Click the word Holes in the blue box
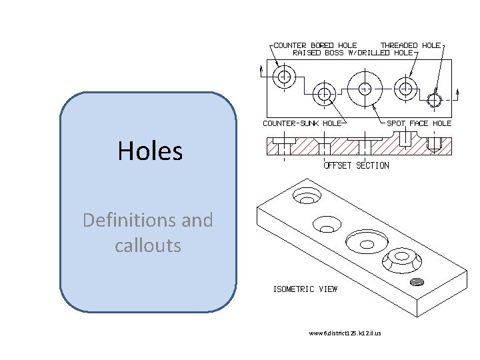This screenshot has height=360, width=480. pyautogui.click(x=150, y=151)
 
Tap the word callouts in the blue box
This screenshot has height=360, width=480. pyautogui.click(x=147, y=245)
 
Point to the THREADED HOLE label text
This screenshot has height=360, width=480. pyautogui.click(x=410, y=45)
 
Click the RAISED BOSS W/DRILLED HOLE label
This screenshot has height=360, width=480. pyautogui.click(x=353, y=53)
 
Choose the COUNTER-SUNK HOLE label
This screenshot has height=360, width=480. pyautogui.click(x=302, y=123)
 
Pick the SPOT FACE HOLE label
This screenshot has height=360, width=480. pyautogui.click(x=419, y=123)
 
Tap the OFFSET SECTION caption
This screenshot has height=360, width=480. pyautogui.click(x=357, y=165)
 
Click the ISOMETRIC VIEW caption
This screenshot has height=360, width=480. pyautogui.click(x=305, y=289)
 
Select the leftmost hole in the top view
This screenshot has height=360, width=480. pyautogui.click(x=285, y=76)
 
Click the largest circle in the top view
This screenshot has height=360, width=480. pyautogui.click(x=365, y=88)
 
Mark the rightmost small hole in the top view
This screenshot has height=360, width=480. pyautogui.click(x=435, y=101)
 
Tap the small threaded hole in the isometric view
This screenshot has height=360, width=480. pyautogui.click(x=418, y=281)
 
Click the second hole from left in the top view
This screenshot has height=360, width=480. pyautogui.click(x=325, y=93)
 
